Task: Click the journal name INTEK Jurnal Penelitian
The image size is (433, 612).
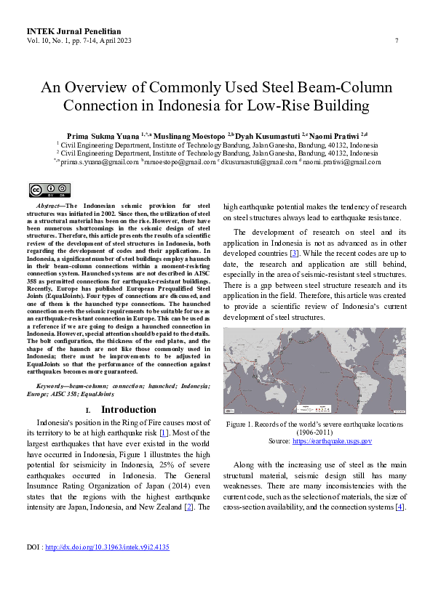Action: pyautogui.click(x=74, y=32)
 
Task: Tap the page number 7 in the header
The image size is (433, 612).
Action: pyautogui.click(x=396, y=41)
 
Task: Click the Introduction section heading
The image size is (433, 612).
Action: pyautogui.click(x=128, y=410)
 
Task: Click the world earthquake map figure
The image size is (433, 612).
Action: pyautogui.click(x=314, y=371)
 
